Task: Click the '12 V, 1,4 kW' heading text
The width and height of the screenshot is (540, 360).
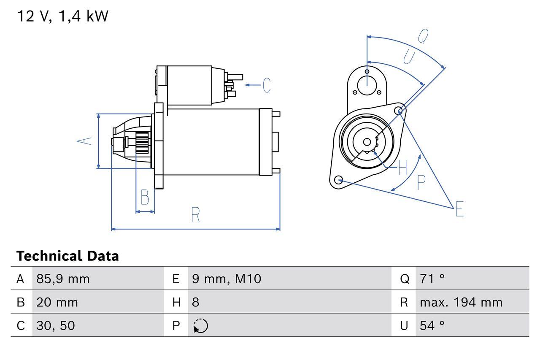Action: [62, 16]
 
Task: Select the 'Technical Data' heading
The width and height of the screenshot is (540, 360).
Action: [67, 256]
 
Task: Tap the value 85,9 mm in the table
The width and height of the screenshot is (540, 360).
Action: [63, 279]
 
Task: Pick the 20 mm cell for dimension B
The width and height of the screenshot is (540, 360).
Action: [57, 303]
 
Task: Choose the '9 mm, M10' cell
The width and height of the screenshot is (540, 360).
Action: [227, 279]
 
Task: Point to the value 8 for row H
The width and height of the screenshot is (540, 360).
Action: [195, 303]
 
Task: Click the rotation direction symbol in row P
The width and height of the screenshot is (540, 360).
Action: [200, 326]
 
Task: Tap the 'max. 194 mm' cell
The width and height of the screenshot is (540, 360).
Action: [461, 303]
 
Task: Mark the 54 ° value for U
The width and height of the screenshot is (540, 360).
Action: [432, 325]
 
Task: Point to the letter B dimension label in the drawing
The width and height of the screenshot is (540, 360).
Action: [145, 197]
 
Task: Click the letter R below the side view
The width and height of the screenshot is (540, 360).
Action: [195, 215]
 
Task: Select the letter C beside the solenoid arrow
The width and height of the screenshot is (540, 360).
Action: [267, 85]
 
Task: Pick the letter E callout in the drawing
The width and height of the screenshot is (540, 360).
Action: [459, 209]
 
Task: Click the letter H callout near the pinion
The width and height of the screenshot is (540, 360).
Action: [402, 168]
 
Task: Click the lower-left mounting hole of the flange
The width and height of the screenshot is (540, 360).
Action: [338, 180]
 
